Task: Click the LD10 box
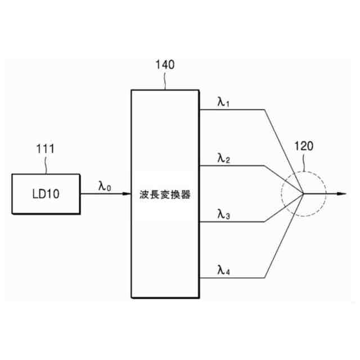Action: (46, 194)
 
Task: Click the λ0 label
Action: (105, 186)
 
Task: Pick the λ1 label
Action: (224, 102)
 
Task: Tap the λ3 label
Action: (224, 213)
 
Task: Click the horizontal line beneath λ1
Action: (231, 110)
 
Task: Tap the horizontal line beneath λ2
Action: (231, 166)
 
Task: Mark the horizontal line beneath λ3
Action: (231, 222)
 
